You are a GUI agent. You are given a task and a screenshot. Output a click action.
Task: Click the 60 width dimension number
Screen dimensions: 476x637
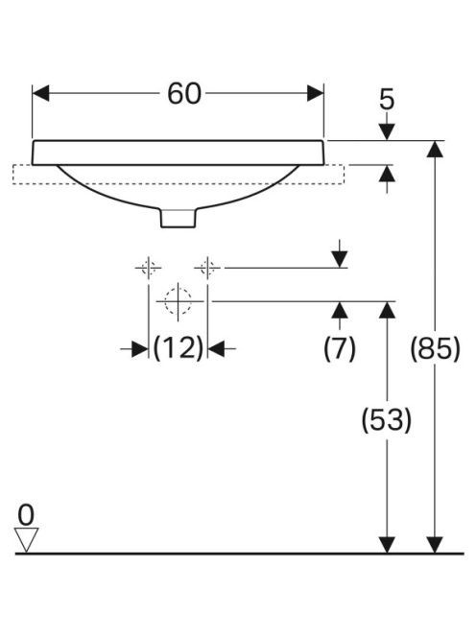[184, 94]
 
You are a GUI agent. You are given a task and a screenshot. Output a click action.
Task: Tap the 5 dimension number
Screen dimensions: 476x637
[387, 100]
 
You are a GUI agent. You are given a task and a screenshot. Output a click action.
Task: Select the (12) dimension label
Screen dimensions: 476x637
[178, 348]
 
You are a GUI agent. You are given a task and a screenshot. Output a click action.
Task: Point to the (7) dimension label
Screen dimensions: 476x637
[340, 348]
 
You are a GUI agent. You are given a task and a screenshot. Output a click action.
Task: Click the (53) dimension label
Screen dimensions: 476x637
[387, 419]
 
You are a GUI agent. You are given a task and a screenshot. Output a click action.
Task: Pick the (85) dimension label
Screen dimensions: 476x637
[435, 348]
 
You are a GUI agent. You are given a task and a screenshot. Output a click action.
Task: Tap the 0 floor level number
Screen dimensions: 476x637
[26, 515]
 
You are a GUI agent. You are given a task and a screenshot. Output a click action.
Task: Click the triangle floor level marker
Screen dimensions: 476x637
[26, 539]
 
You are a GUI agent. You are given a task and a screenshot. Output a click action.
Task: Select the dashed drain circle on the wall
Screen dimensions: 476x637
[178, 301]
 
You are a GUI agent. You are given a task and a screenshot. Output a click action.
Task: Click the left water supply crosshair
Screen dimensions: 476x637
[149, 268]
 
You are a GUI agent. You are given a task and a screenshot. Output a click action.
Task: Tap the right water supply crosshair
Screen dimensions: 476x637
[207, 268]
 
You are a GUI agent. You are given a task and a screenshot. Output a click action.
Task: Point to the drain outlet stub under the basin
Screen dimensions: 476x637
[178, 218]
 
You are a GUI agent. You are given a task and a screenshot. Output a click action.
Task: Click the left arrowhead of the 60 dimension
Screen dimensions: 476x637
[40, 93]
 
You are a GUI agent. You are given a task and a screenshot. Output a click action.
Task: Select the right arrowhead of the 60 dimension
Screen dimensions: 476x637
[316, 93]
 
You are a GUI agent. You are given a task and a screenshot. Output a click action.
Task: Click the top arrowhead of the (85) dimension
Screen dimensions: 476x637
[435, 149]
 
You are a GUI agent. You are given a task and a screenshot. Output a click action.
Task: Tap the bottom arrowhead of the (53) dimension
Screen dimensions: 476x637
[387, 545]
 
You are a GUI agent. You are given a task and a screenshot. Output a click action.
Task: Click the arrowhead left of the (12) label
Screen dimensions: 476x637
[140, 348]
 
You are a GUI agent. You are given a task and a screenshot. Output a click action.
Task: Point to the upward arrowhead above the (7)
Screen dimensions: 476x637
[340, 310]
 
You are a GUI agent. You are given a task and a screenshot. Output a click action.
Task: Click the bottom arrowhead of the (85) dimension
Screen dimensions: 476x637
[435, 545]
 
